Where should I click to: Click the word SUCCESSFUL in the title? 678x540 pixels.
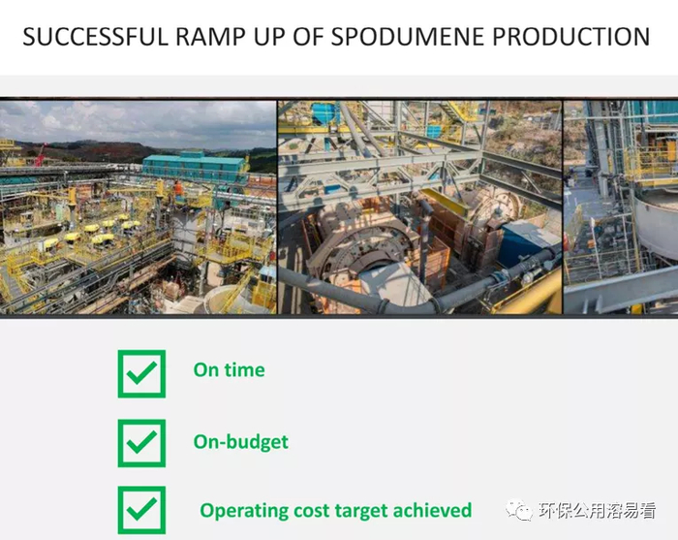pyautogui.click(x=95, y=37)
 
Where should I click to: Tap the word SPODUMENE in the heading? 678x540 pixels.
pyautogui.click(x=408, y=37)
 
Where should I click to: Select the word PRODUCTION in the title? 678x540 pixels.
pyautogui.click(x=571, y=37)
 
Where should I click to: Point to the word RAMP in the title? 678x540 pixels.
pyautogui.click(x=210, y=37)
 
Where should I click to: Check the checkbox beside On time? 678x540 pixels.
pyautogui.click(x=141, y=374)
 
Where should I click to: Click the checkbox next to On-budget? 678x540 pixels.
pyautogui.click(x=141, y=443)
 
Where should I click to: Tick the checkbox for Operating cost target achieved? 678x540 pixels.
pyautogui.click(x=141, y=510)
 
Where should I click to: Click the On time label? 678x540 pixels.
pyautogui.click(x=230, y=370)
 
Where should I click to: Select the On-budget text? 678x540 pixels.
pyautogui.click(x=241, y=442)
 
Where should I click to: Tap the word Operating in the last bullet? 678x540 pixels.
pyautogui.click(x=244, y=511)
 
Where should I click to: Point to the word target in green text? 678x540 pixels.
pyautogui.click(x=360, y=511)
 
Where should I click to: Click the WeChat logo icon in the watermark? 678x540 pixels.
pyautogui.click(x=519, y=510)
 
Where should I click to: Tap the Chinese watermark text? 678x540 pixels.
pyautogui.click(x=598, y=510)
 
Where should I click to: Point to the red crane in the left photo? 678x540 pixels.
pyautogui.click(x=41, y=154)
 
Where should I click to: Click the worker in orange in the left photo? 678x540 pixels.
pyautogui.click(x=178, y=189)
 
